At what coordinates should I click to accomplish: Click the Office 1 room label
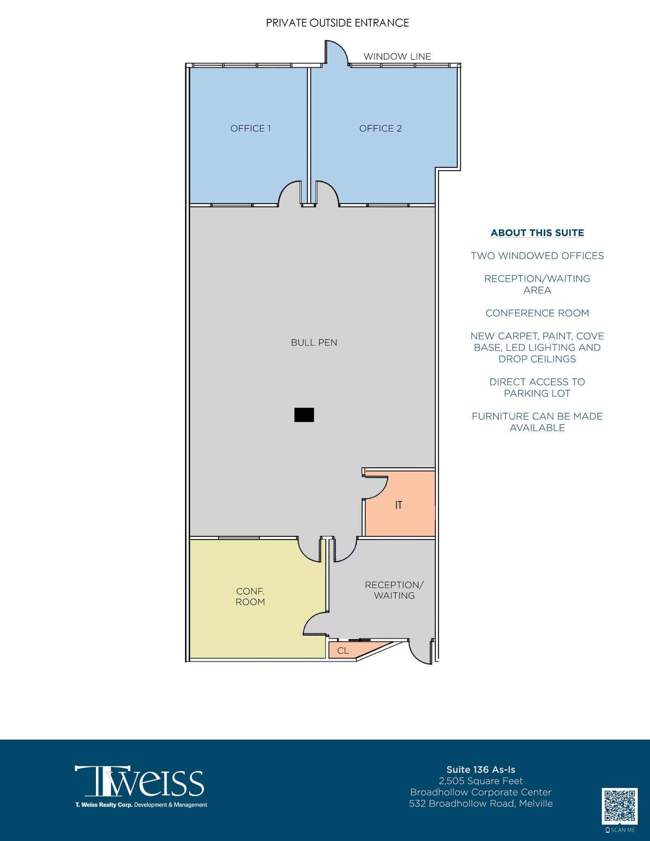(x=250, y=129)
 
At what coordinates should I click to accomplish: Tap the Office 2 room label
(x=380, y=129)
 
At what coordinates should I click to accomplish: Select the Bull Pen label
(x=314, y=342)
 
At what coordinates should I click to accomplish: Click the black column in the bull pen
(x=304, y=415)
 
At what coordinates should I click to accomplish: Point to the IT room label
(x=398, y=505)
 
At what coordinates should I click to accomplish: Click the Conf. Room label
(x=250, y=596)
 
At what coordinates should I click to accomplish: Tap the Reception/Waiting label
(x=394, y=590)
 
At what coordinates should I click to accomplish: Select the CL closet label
(x=343, y=651)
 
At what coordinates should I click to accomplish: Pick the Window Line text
(x=397, y=57)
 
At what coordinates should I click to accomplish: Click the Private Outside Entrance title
(x=337, y=23)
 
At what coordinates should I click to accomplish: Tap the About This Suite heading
(x=537, y=233)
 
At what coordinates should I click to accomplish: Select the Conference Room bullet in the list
(x=537, y=313)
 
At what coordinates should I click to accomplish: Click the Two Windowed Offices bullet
(x=537, y=256)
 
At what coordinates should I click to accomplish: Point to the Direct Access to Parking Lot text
(x=537, y=388)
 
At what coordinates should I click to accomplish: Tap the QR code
(x=620, y=806)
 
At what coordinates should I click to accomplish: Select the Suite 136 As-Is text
(x=481, y=770)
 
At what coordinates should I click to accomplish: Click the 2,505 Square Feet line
(x=481, y=781)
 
